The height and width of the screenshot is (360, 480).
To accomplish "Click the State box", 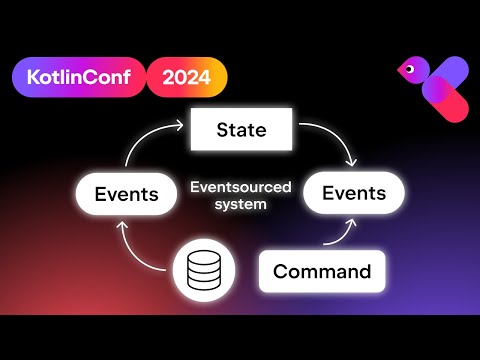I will tap(241, 130).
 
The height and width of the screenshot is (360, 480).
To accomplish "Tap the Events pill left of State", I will tap(126, 193).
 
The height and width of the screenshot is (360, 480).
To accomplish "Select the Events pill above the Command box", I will tap(353, 193).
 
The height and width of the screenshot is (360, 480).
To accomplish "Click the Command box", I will tap(321, 271).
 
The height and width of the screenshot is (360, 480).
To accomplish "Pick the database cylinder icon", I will tap(202, 270).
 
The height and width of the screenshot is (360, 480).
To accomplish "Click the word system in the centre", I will tap(240, 204).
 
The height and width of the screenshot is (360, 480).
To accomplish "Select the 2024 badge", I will tap(187, 76).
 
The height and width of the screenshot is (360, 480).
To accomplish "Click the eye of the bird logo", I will tap(408, 69).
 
